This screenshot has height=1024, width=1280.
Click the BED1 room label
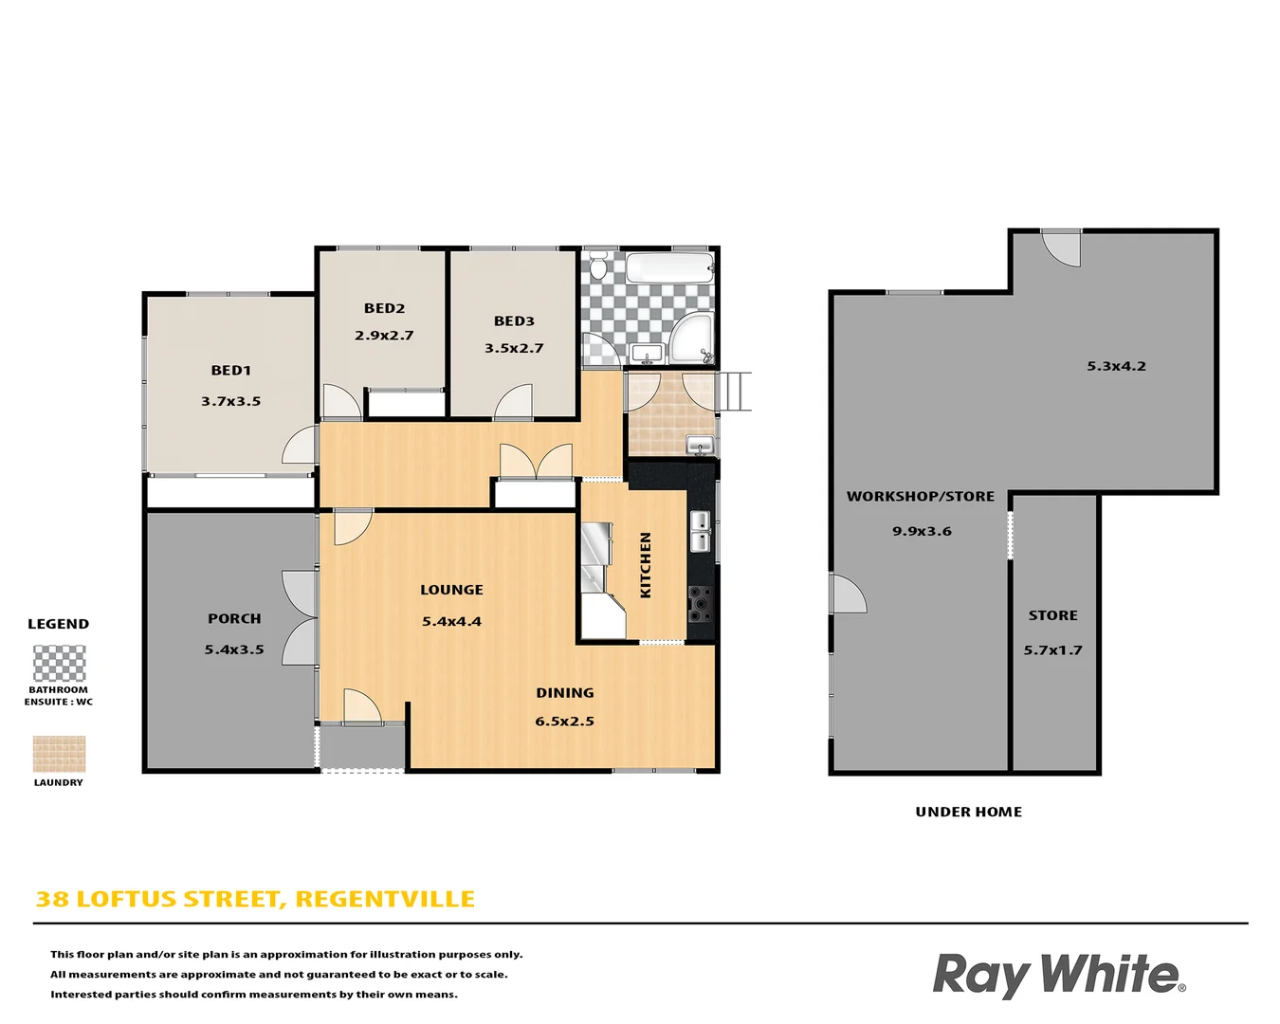tap(231, 371)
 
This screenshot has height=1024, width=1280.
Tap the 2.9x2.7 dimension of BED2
tap(384, 336)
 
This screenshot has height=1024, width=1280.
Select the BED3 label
tap(514, 321)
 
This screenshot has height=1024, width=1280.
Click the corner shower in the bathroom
tap(692, 338)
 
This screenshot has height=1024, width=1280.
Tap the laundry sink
tap(700, 444)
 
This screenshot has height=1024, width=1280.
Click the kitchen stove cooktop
tap(700, 604)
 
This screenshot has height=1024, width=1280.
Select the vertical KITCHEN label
tap(646, 565)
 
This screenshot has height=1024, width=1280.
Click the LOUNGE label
tap(451, 590)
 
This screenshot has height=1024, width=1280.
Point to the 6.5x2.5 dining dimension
tap(564, 722)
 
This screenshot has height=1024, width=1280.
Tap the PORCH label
tap(234, 619)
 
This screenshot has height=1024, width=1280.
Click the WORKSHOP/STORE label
tap(920, 497)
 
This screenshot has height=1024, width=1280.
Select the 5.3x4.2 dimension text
tap(1116, 366)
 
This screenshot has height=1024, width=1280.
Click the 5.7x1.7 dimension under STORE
tap(1052, 650)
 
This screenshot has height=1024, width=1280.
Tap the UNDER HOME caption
tap(968, 812)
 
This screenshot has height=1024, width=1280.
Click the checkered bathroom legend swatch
tap(59, 663)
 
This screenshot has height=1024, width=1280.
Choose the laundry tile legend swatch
tap(59, 754)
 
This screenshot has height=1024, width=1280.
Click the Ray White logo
tap(1058, 975)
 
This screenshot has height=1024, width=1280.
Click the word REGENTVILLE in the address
tap(385, 899)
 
